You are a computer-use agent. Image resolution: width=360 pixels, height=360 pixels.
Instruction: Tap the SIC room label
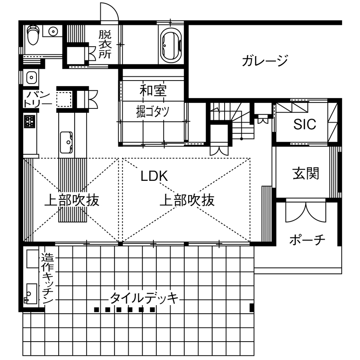[x=305, y=124]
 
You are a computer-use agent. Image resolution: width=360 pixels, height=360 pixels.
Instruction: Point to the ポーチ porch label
[x=307, y=239]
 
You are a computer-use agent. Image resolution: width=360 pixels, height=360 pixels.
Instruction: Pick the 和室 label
[x=153, y=90]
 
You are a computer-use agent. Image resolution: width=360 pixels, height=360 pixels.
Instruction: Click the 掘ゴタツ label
[x=153, y=111]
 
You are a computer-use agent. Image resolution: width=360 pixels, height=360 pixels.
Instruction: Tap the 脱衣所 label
[x=105, y=44]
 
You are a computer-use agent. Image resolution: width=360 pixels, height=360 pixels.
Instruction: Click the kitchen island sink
[x=67, y=140]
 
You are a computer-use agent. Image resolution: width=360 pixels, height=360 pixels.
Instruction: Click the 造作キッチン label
[x=47, y=279]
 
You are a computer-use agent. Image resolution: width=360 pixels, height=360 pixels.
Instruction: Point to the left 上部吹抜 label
[x=72, y=200]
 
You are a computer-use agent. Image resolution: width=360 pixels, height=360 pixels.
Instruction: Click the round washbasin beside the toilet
[x=53, y=31]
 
